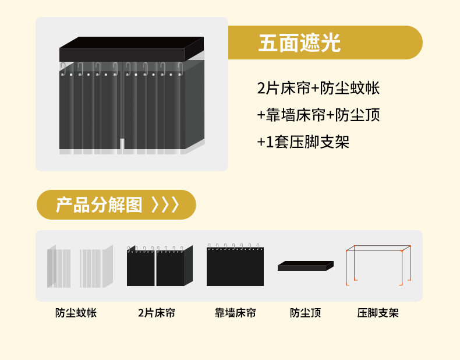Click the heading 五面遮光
[299, 43]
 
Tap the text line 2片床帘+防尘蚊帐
[318, 89]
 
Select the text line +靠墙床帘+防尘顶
[318, 115]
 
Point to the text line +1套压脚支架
[303, 142]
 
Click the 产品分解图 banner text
[98, 205]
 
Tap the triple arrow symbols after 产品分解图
[165, 205]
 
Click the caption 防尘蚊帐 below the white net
[76, 313]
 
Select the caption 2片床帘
[156, 313]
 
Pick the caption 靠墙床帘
[235, 313]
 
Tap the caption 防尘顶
[306, 313]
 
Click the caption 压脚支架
[378, 313]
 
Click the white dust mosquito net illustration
[79, 267]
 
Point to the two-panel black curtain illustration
[158, 267]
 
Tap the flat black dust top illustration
[305, 266]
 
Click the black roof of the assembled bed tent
[131, 50]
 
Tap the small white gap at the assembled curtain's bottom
[121, 144]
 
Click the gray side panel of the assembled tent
[194, 105]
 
